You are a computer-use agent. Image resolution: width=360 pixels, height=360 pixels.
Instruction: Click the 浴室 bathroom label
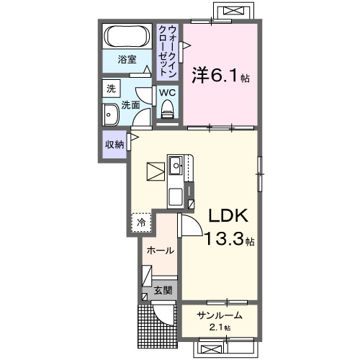pos(127,60)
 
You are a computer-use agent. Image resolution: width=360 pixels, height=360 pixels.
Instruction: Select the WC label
pos(166,93)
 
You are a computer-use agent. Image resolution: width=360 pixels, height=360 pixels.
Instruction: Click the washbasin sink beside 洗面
pos(112,115)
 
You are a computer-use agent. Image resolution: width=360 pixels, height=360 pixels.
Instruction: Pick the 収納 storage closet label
pos(114,143)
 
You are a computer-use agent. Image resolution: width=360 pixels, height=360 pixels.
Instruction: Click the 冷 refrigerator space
pos(142,222)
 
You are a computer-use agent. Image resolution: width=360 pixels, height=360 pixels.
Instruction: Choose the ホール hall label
pos(159,251)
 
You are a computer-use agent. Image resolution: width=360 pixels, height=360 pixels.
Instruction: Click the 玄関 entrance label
pos(163,291)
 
